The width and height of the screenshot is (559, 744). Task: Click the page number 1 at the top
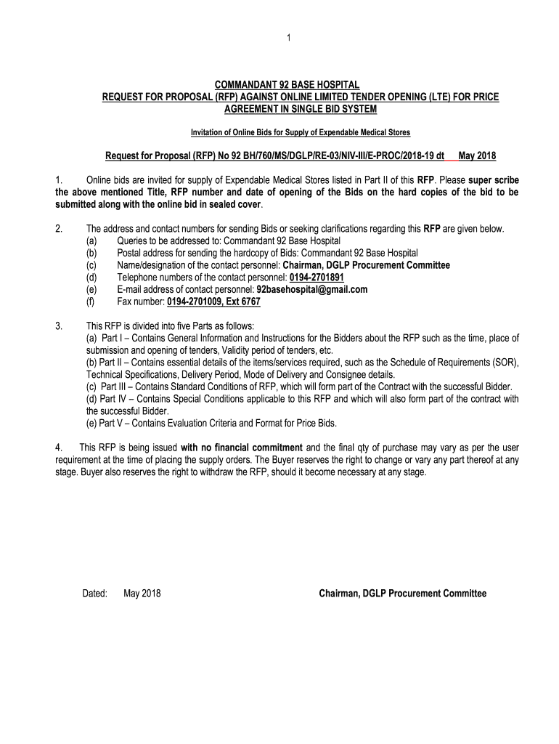click(x=288, y=39)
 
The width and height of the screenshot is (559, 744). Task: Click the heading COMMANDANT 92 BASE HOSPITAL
click(x=301, y=86)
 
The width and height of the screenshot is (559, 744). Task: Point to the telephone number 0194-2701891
click(x=317, y=278)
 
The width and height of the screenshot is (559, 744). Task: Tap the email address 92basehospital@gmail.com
click(x=312, y=289)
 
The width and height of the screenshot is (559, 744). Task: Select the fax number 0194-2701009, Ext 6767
click(x=213, y=302)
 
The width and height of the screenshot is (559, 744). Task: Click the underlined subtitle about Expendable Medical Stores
click(x=301, y=132)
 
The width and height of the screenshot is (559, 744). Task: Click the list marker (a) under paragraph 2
click(x=91, y=241)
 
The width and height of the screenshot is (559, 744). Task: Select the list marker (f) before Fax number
click(x=91, y=302)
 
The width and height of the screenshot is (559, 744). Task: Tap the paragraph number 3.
click(x=58, y=325)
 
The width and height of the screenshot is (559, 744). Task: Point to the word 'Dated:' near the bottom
click(x=95, y=594)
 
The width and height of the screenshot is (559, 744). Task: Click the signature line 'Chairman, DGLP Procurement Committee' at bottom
click(x=402, y=594)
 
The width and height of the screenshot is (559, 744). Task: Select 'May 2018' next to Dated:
click(x=142, y=594)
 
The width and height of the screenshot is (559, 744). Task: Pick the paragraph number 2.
click(x=58, y=229)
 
